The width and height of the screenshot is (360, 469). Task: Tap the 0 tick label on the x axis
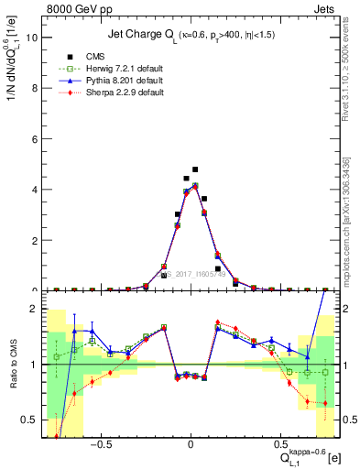pyautogui.click(x=191, y=446)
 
